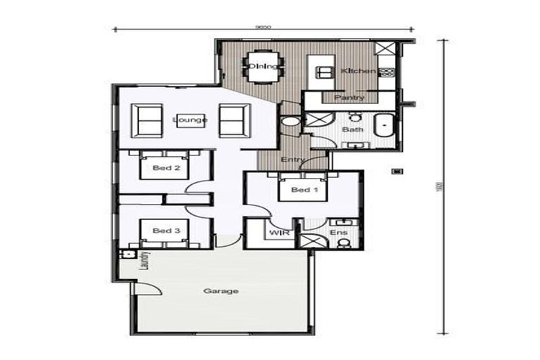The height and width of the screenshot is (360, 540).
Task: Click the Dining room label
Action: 264,67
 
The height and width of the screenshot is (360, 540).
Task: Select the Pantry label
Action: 349,97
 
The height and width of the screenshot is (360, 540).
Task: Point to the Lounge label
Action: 190,120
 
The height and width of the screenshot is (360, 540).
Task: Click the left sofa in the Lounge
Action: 148,120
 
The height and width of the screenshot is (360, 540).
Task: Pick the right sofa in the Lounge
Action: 234,120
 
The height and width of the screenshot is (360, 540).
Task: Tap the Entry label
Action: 292,160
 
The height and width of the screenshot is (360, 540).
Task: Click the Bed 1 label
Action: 304,190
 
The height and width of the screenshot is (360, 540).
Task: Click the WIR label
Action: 275,231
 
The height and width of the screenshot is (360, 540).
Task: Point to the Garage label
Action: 221,290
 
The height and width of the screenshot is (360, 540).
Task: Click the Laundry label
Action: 143,262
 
